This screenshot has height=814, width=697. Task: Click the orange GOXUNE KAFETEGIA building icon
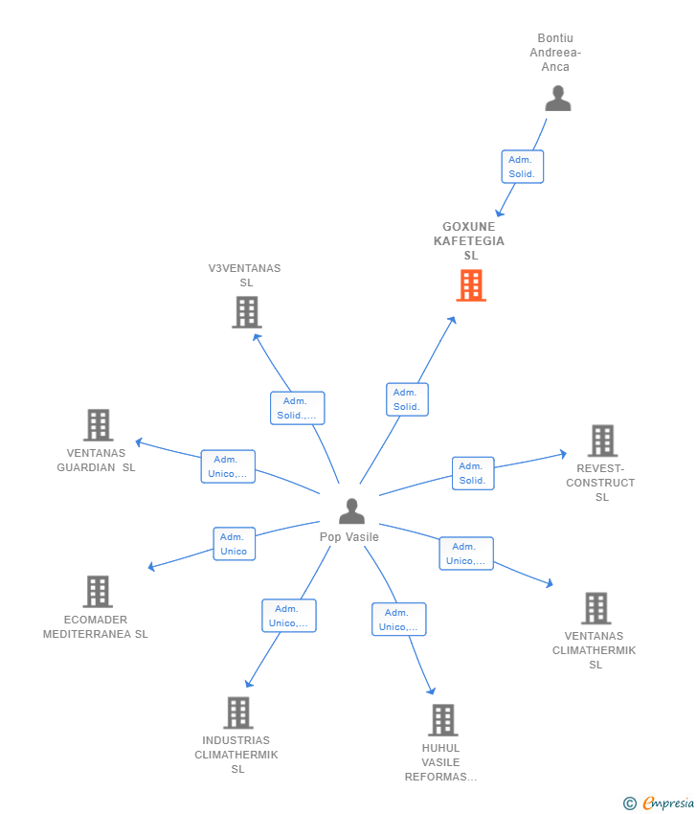coord(471,285)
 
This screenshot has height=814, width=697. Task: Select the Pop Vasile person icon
coord(352,510)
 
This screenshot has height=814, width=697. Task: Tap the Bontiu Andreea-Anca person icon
coord(558,98)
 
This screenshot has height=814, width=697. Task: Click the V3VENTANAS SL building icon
coord(246,312)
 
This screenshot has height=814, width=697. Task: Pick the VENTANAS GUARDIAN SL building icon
coord(98,424)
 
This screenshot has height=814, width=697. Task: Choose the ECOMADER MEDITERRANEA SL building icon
coord(98,591)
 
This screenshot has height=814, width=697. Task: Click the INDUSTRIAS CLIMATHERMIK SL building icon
coord(238,712)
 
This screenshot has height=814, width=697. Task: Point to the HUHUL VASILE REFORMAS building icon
coord(442,720)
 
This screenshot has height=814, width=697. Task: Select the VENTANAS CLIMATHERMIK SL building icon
coord(596,608)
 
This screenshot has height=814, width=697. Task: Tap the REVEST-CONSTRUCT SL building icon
coord(602,441)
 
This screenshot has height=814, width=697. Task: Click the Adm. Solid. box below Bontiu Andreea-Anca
coord(522,167)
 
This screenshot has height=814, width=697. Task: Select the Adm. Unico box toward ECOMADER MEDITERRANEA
coord(234,544)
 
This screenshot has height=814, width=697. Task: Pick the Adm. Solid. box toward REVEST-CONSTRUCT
coord(473,473)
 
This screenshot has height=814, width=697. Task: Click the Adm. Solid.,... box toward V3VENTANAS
coord(298,408)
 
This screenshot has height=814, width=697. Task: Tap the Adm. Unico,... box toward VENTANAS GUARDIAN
coord(228,466)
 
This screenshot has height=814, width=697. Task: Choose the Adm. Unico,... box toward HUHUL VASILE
coord(398,620)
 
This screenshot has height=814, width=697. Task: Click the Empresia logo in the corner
coord(668,803)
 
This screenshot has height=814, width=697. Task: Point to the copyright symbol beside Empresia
coord(630,803)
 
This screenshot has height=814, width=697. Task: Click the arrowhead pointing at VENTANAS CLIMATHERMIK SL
coord(550,583)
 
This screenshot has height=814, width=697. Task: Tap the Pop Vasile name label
coord(349,537)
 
